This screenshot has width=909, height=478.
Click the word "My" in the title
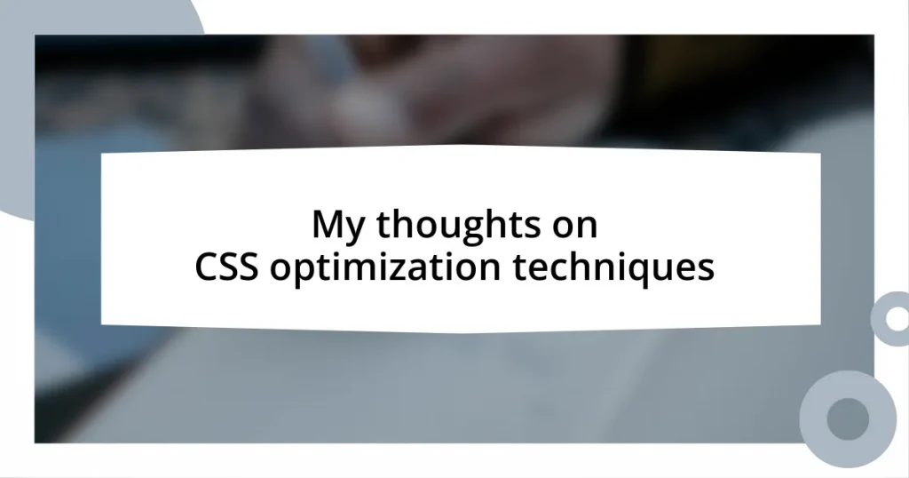(x=338, y=227)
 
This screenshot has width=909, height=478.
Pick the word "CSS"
(x=228, y=267)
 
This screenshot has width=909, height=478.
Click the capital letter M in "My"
(x=328, y=226)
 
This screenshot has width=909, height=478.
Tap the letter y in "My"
(x=352, y=230)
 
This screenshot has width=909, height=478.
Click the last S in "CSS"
(x=249, y=267)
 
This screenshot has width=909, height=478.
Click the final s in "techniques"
(x=706, y=269)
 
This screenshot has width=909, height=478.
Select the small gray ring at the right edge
(x=891, y=317)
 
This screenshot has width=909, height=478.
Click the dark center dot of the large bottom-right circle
(x=848, y=417)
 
